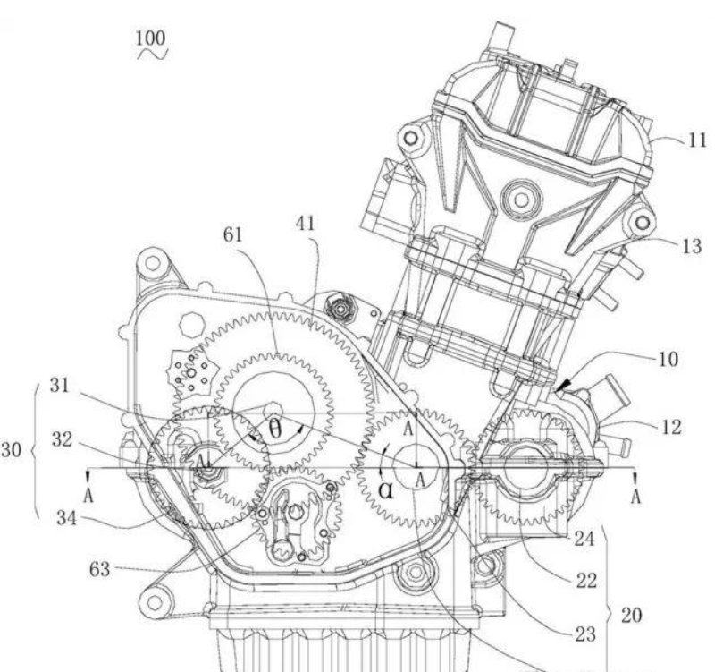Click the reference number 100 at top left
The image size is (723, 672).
tap(150, 38)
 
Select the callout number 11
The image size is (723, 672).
tap(697, 140)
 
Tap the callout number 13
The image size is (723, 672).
tap(692, 246)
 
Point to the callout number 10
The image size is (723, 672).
tap(668, 359)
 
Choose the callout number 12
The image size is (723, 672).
tap(671, 428)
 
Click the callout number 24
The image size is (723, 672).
tap(584, 539)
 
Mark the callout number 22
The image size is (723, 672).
tap(586, 581)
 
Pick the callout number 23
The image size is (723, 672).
tap(585, 635)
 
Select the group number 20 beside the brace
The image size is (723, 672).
tap(631, 616)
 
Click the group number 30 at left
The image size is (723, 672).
tap(11, 450)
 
